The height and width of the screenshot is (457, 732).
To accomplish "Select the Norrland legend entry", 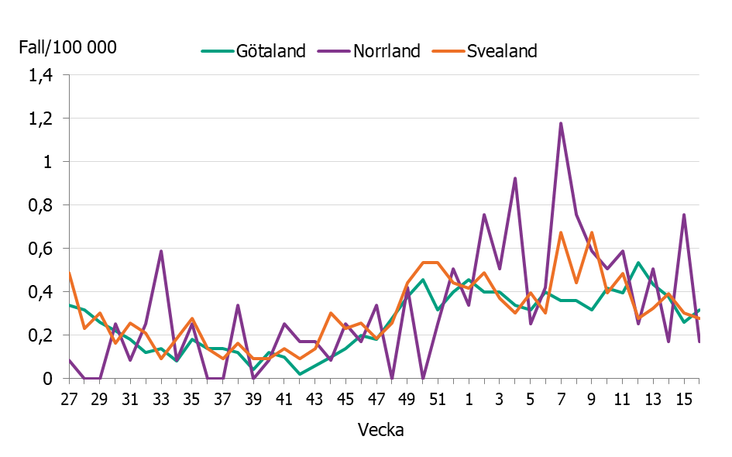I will [387, 51].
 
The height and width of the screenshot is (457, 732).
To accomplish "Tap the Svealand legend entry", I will [501, 51].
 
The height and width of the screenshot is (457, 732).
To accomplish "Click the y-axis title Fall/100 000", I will [68, 47].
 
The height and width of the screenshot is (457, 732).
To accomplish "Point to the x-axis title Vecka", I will [380, 430].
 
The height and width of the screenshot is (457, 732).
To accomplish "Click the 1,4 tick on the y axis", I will [40, 76].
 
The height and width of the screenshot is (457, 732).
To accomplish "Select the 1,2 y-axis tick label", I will [40, 119].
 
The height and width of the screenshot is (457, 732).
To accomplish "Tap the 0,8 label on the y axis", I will [40, 206].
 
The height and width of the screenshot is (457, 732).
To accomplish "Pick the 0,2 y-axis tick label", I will [40, 336].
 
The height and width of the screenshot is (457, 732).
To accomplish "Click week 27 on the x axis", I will [69, 399].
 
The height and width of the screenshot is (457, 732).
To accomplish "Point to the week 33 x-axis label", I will [160, 399].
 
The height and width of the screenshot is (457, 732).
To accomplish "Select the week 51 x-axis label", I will [438, 399].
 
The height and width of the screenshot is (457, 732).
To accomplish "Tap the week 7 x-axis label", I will [561, 399].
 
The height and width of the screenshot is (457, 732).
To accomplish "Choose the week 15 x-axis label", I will [684, 399].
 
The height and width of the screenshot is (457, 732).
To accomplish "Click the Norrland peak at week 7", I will [561, 123].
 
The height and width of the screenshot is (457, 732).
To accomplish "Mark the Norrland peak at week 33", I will [160, 251].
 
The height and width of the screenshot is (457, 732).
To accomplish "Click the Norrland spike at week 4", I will [515, 178].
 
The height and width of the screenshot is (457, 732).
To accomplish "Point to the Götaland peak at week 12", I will [637, 263].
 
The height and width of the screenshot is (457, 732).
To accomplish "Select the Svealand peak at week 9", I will [592, 232].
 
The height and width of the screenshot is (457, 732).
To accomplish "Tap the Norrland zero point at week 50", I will [422, 378].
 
